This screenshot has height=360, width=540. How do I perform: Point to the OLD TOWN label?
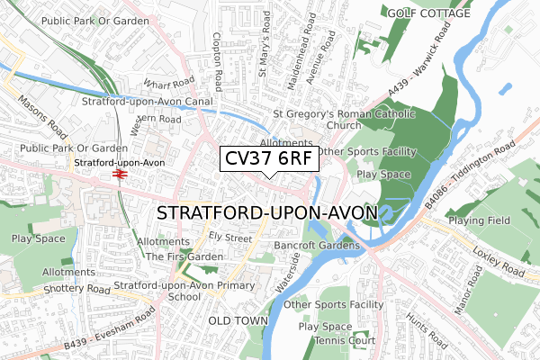238,320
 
